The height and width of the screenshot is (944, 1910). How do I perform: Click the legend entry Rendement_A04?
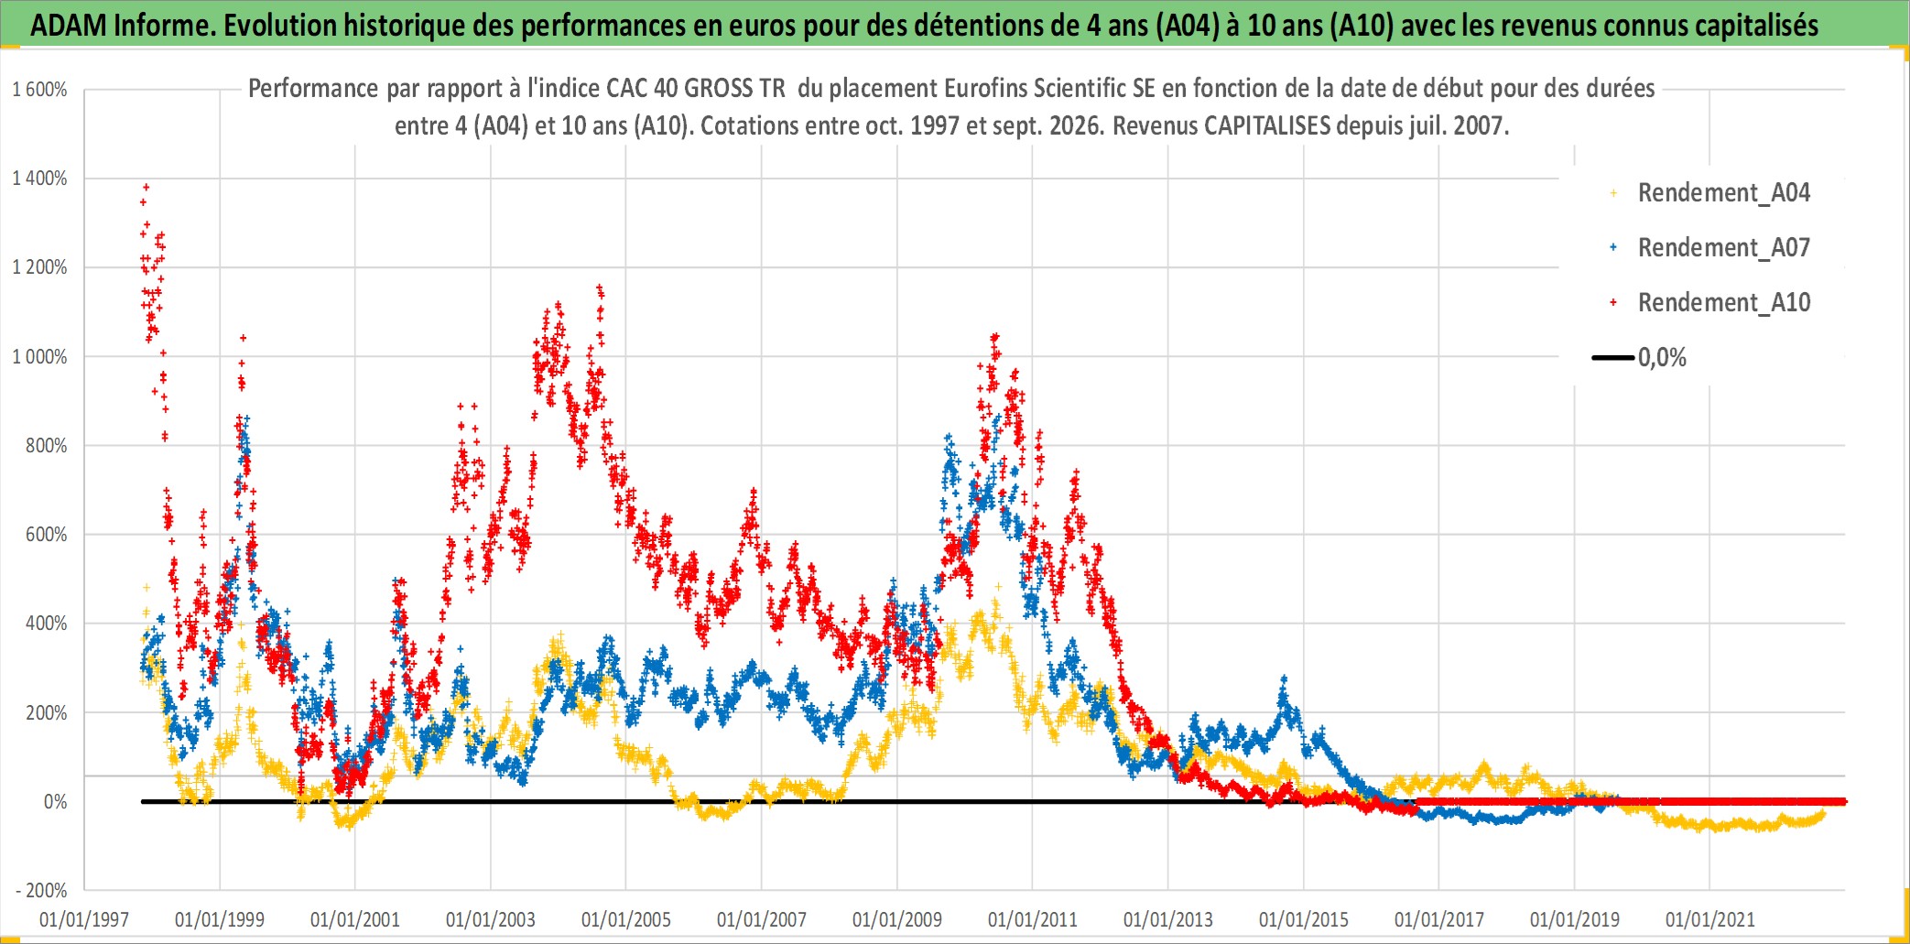click(x=1723, y=192)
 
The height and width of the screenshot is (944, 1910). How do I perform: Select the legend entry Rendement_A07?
click(x=1723, y=247)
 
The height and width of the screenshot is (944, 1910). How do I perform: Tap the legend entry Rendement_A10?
click(x=1723, y=302)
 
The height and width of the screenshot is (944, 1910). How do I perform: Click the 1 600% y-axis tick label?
click(x=39, y=90)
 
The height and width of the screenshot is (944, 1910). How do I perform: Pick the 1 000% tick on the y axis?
click(x=39, y=356)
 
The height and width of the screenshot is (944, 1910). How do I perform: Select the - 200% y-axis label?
click(x=41, y=890)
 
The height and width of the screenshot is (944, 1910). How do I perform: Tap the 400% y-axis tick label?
click(x=46, y=624)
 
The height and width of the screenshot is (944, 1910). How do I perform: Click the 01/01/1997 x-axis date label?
click(x=84, y=919)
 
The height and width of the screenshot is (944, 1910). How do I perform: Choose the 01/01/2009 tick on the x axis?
click(x=897, y=919)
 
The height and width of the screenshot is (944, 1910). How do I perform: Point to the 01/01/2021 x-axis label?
click(x=1710, y=919)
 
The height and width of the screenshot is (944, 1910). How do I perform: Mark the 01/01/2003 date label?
click(x=491, y=919)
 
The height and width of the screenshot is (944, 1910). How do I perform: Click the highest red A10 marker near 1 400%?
click(x=147, y=188)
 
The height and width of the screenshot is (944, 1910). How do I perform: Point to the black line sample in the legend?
click(x=1613, y=357)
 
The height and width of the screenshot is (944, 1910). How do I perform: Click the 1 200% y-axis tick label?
click(x=39, y=267)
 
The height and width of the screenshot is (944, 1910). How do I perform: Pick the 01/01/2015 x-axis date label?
click(x=1304, y=919)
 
